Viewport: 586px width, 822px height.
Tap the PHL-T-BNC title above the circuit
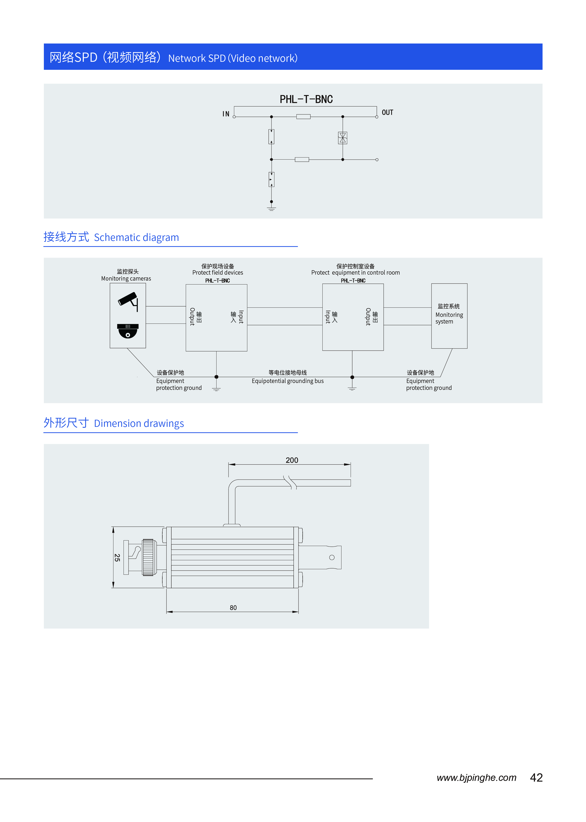click(x=306, y=99)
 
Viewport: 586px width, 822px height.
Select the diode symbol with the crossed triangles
click(x=342, y=138)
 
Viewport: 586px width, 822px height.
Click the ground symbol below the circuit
click(x=271, y=208)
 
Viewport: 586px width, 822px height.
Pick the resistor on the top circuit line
click(x=303, y=117)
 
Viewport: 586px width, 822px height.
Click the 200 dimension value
click(x=292, y=460)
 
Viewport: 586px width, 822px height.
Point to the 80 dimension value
click(x=233, y=608)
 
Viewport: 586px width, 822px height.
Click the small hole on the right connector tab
click(x=332, y=557)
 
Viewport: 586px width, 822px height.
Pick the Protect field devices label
click(x=218, y=273)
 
